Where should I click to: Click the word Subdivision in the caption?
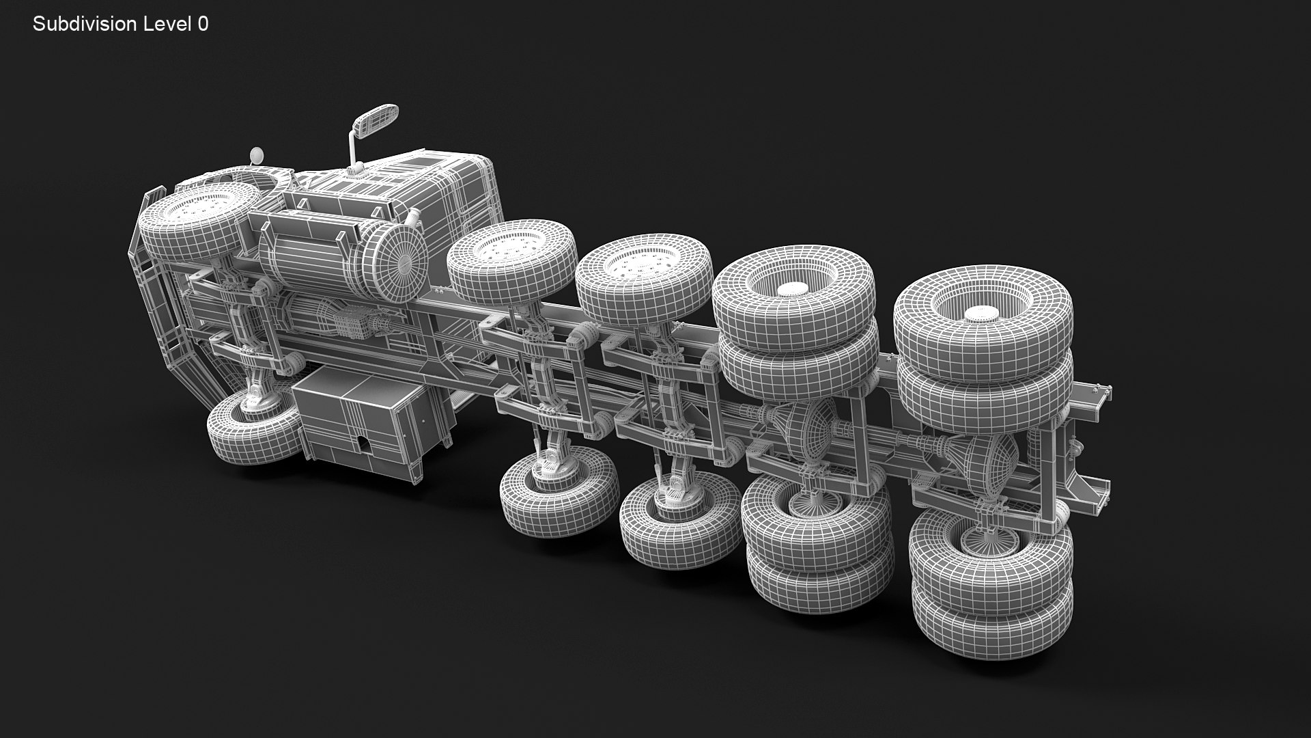click(x=85, y=25)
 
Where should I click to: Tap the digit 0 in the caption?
click(x=203, y=25)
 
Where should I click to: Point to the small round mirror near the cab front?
click(x=257, y=155)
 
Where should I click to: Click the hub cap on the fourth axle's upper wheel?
click(x=792, y=288)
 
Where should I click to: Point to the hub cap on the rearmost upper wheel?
click(x=981, y=314)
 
